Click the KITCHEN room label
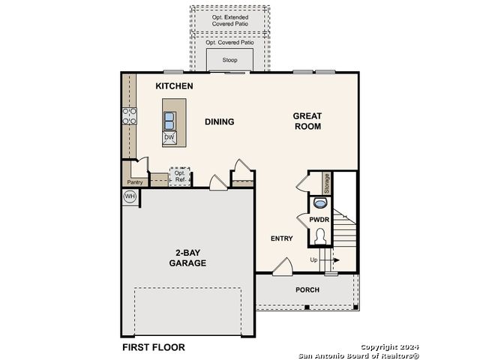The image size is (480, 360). [x=174, y=86]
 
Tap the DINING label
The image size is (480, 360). [x=220, y=121]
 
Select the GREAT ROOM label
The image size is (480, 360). [x=307, y=121]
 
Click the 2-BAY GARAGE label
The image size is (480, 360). [x=187, y=258]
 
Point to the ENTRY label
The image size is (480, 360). [x=282, y=238]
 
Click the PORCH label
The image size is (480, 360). [x=307, y=289]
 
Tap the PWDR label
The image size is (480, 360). [x=319, y=220]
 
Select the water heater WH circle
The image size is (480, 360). [x=130, y=196]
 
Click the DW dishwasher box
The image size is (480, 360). [x=169, y=138]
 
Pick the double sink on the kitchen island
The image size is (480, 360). [x=169, y=121]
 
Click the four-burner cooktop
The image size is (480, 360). [x=130, y=116]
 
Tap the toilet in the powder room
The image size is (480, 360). [x=320, y=236]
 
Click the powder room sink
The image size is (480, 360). [x=320, y=203]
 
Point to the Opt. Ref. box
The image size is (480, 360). [x=180, y=176]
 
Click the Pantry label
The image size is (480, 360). [x=135, y=182]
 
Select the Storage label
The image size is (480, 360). [x=327, y=183]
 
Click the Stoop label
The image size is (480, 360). [x=229, y=60]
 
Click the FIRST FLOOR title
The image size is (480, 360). [x=154, y=347]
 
